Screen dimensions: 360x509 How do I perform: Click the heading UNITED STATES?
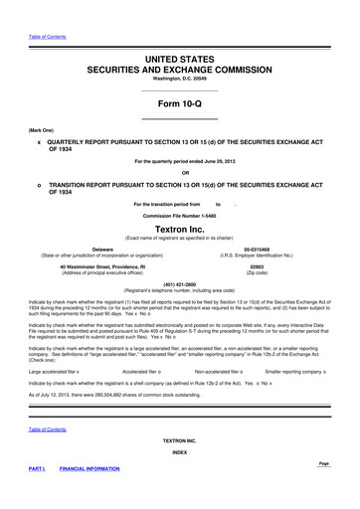(179, 61)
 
